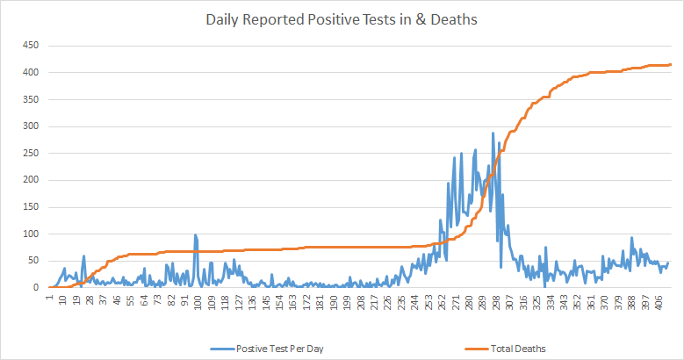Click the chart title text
coord(342,19)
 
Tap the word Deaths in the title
coord(453,19)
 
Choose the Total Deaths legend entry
coord(520,349)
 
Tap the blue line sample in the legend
coord(221,349)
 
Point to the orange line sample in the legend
coord(472,349)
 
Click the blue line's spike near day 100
coord(195,234)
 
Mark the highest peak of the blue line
coord(493,133)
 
